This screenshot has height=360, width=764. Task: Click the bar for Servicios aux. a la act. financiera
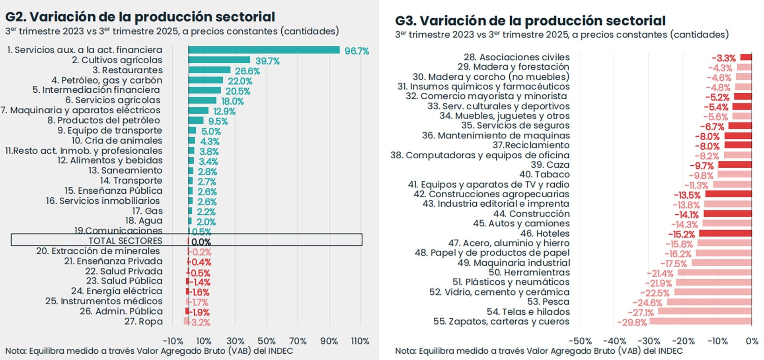pyautogui.click(x=263, y=50)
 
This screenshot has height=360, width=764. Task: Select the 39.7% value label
pyautogui.click(x=267, y=61)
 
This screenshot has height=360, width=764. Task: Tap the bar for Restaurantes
pyautogui.click(x=209, y=70)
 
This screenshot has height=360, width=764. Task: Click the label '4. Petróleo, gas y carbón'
pyautogui.click(x=107, y=80)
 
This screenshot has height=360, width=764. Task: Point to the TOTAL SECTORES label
pyautogui.click(x=125, y=241)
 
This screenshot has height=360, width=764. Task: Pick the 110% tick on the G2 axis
pyautogui.click(x=360, y=341)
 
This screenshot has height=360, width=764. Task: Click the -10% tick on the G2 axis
pyautogui.click(x=173, y=341)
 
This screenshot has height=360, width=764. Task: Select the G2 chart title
pyautogui.click(x=140, y=17)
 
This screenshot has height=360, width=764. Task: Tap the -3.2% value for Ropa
pyautogui.click(x=201, y=322)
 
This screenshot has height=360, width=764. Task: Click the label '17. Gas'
pyautogui.click(x=147, y=211)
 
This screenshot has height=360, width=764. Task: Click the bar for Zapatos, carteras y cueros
pyautogui.click(x=700, y=321)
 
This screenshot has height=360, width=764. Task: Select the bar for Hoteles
pyautogui.click(x=725, y=234)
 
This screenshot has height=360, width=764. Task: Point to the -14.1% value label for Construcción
pyautogui.click(x=686, y=215)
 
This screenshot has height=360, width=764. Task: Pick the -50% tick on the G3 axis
pyautogui.click(x=580, y=341)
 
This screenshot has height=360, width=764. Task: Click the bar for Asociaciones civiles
pyautogui.click(x=746, y=57)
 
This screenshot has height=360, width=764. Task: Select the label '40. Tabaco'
pyautogui.click(x=544, y=175)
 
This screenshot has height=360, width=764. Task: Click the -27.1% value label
pyautogui.click(x=641, y=313)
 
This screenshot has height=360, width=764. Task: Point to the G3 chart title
pyautogui.click(x=530, y=21)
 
